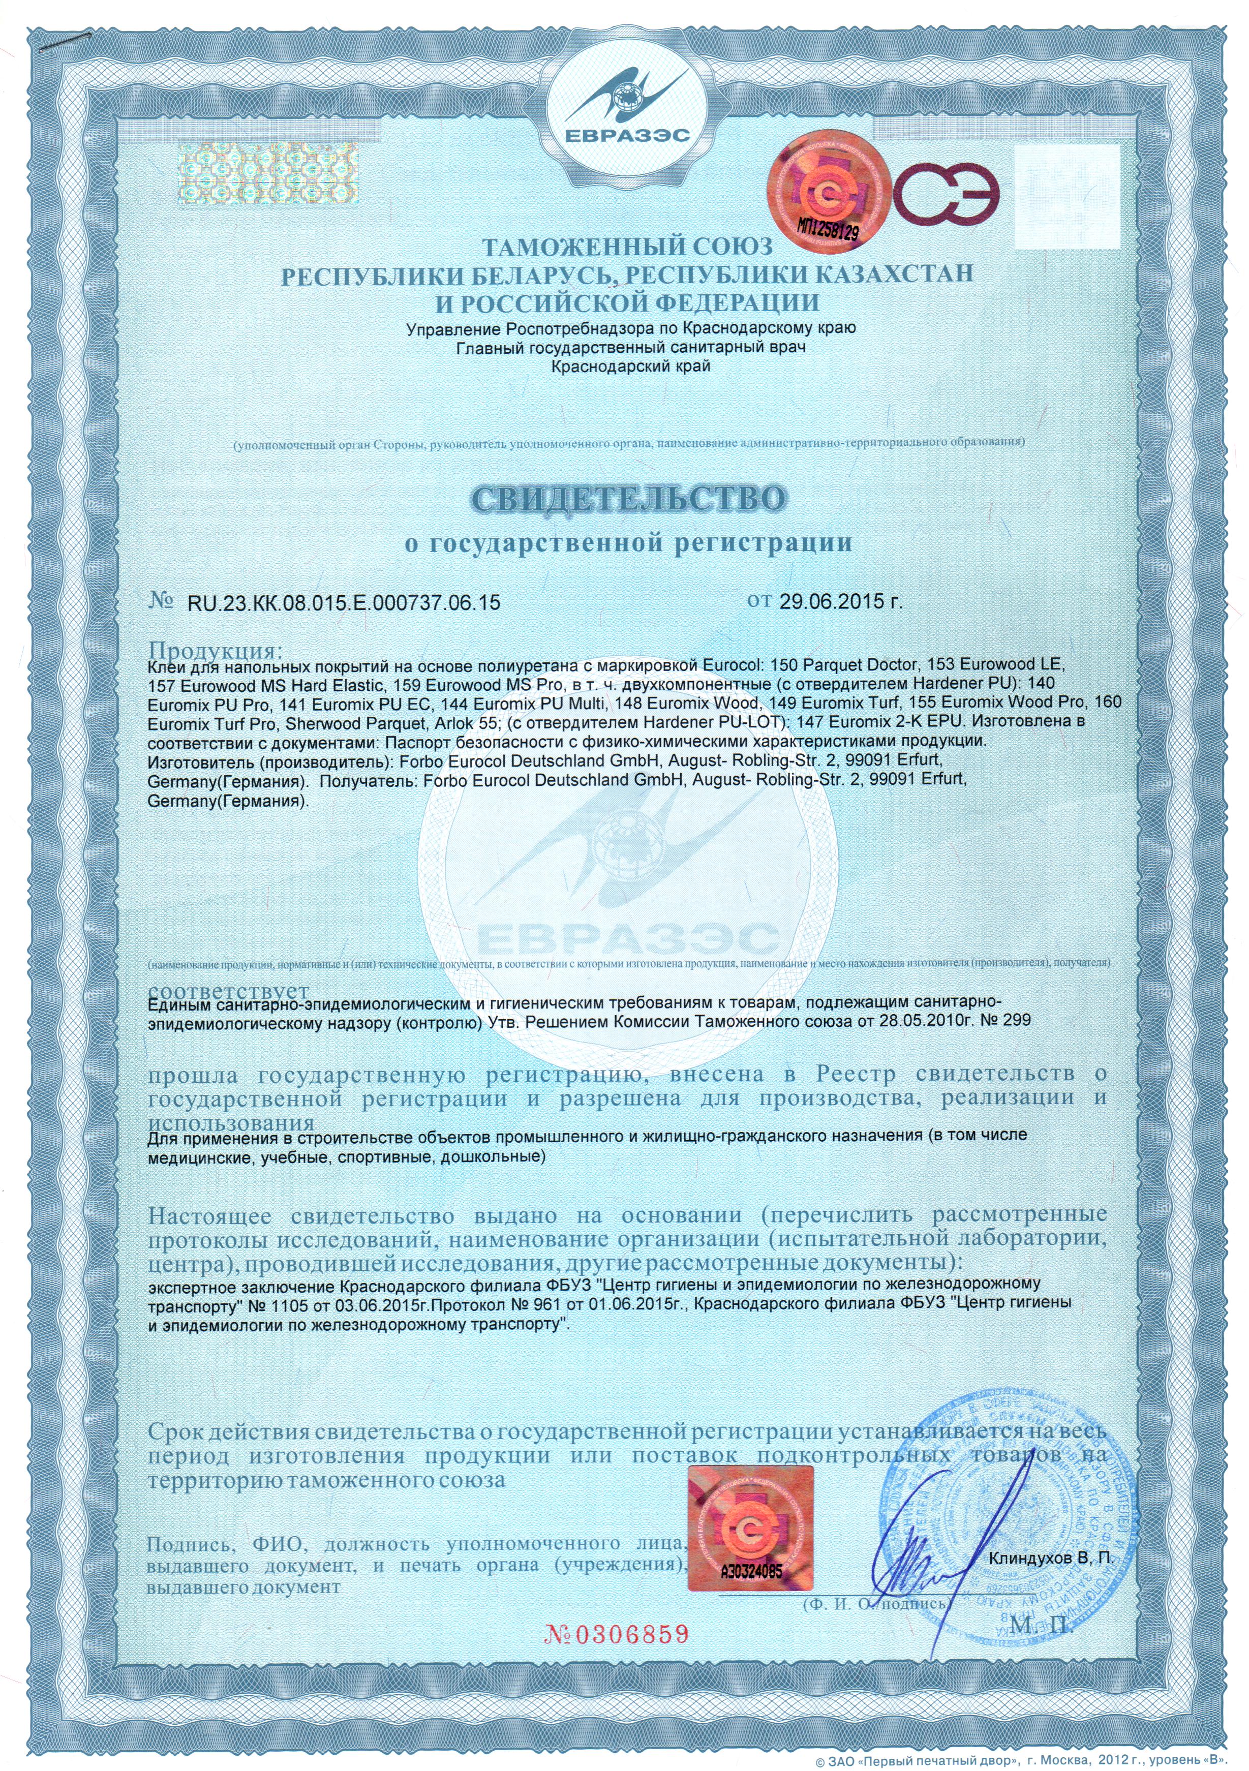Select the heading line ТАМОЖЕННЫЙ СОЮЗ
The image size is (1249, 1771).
pyautogui.click(x=626, y=247)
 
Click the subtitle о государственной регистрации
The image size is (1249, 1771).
pyautogui.click(x=629, y=543)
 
